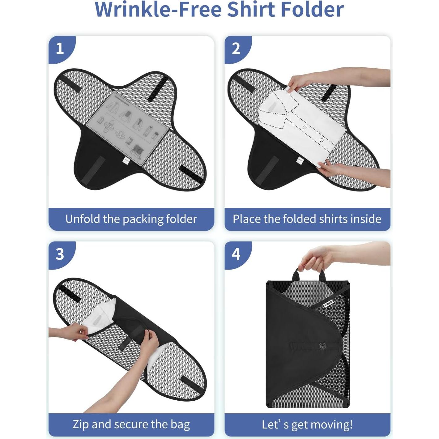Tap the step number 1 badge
coord(60,49)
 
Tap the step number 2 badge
coord(236,49)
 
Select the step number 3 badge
coord(60,254)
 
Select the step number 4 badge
coord(236,254)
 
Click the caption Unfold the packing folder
coord(131,219)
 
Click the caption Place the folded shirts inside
coord(307,219)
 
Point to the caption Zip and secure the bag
coord(131,424)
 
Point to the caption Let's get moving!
coord(307,424)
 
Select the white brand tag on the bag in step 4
coord(328,304)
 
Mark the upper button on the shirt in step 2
coord(305,127)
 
